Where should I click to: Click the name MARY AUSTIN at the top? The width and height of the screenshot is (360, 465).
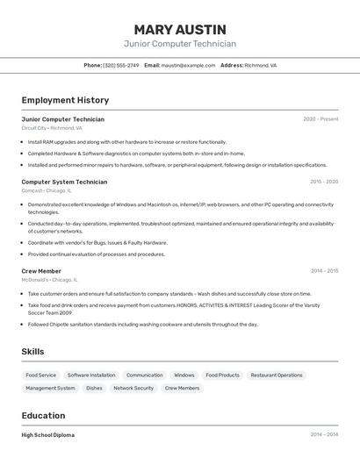[x=180, y=29]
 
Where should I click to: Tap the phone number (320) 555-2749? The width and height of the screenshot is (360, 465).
[x=121, y=65]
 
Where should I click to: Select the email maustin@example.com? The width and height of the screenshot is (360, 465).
[x=189, y=65]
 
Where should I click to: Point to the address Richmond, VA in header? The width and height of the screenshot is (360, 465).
[x=261, y=65]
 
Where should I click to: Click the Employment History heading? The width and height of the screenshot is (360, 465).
[x=65, y=100]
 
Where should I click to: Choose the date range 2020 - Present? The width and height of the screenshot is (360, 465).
[x=320, y=118]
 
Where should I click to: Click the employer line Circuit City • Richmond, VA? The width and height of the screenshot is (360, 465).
[x=52, y=128]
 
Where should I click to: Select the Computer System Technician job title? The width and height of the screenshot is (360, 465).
[x=64, y=182]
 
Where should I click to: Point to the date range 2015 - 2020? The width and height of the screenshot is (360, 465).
[x=324, y=182]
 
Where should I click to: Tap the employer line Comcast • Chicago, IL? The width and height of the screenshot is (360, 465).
[x=47, y=190]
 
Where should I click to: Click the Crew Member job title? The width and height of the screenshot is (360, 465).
[x=41, y=271]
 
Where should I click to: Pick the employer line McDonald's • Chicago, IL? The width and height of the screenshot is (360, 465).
[x=49, y=280]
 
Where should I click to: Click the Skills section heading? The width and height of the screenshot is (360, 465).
[x=33, y=351]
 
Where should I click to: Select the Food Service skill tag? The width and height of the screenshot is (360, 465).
[x=41, y=375]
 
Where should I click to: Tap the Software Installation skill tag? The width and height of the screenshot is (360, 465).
[x=91, y=375]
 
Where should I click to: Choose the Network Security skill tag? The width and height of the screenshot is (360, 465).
[x=133, y=388]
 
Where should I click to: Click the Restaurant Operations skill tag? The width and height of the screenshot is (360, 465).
[x=277, y=375]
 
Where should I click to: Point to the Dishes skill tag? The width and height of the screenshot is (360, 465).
[x=94, y=388]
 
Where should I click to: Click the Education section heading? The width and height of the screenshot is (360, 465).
[x=43, y=416]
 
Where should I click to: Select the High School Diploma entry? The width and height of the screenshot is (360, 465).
[x=48, y=435]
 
